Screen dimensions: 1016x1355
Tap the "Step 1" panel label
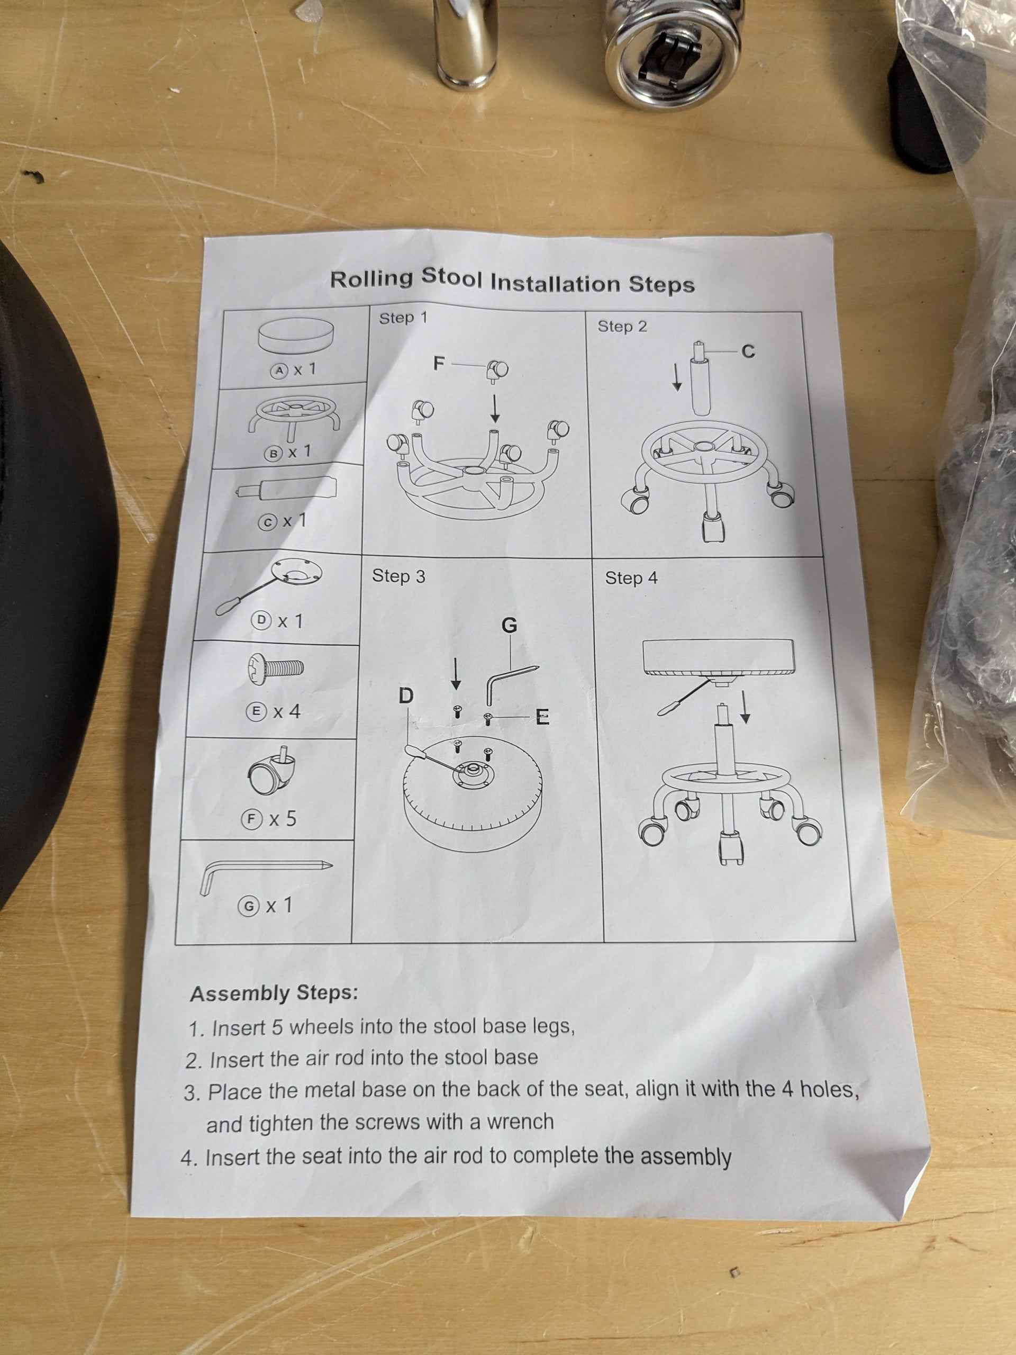[x=403, y=319]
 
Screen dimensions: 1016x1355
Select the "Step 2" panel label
[x=622, y=327]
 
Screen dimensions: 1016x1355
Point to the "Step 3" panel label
[x=398, y=576]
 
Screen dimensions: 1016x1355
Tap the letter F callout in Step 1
[x=439, y=364]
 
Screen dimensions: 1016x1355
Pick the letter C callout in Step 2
[x=748, y=351]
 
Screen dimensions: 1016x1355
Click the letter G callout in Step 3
[x=510, y=626]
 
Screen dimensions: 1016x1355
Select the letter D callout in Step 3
[x=406, y=696]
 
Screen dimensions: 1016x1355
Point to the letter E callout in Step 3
[x=542, y=717]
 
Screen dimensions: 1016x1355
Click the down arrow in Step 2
[x=677, y=377]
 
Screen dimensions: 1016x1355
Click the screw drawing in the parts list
[x=275, y=667]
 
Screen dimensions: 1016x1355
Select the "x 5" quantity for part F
[x=283, y=818]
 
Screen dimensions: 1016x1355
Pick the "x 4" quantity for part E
[x=287, y=711]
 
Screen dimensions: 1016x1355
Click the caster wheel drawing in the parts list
[x=272, y=771]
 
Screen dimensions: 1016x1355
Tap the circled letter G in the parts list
[x=249, y=907]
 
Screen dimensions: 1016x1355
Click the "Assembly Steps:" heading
[x=274, y=993]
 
